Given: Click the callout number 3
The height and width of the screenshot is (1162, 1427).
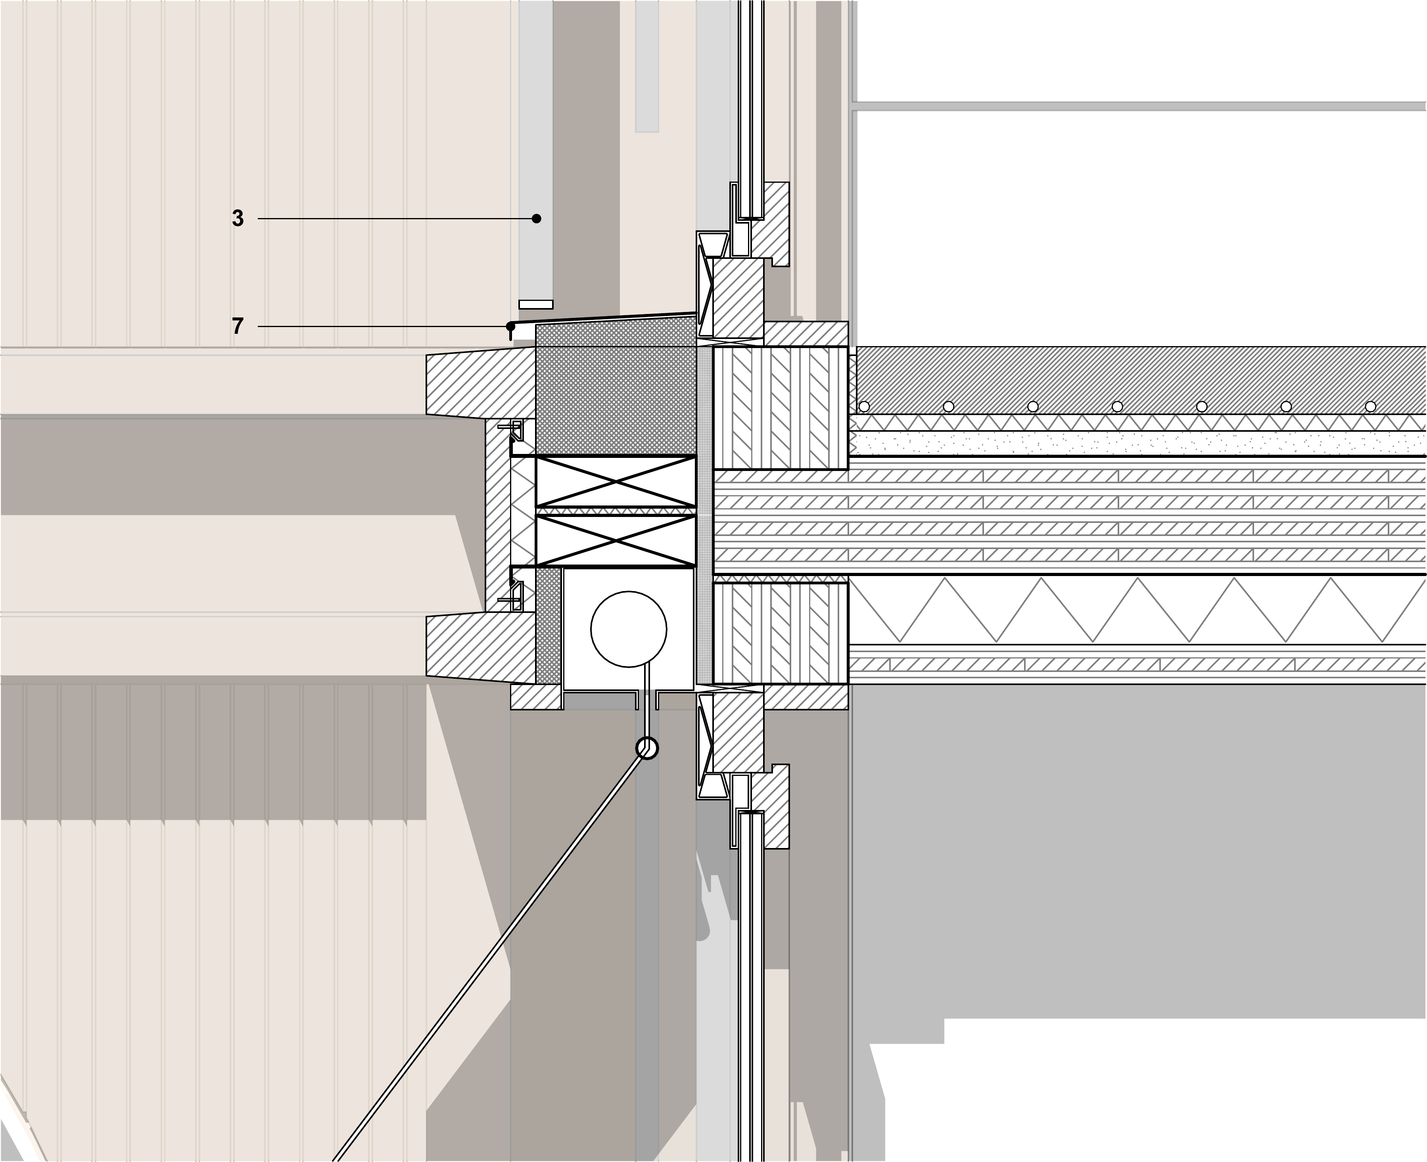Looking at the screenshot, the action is pos(238,218).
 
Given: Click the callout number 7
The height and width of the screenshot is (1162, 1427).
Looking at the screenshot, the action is pos(238,326).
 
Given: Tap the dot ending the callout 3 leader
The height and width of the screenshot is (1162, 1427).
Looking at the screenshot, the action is pos(536,218).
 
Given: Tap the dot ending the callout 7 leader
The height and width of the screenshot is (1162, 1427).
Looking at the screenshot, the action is pos(510,326).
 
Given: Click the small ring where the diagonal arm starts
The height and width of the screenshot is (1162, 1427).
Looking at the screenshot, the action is pos(647,748).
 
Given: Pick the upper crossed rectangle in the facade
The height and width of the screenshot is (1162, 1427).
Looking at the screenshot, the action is pos(616,481).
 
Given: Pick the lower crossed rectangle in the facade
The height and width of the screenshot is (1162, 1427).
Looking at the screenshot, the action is pos(616,540).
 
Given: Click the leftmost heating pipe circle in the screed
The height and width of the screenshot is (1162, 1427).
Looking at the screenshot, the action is pos(864,406).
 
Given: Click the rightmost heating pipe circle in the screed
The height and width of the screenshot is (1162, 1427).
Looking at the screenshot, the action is pos(1370,406).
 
